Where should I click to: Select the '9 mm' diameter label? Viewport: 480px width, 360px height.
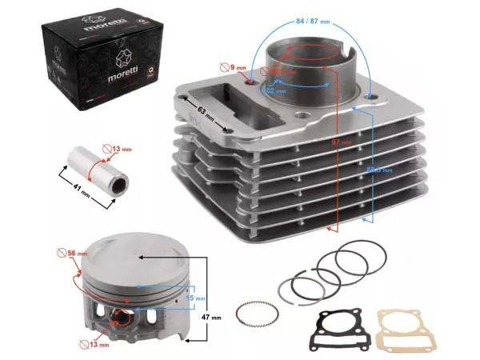[x=237, y=68]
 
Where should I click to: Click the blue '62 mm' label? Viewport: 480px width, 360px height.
[x=277, y=91]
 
